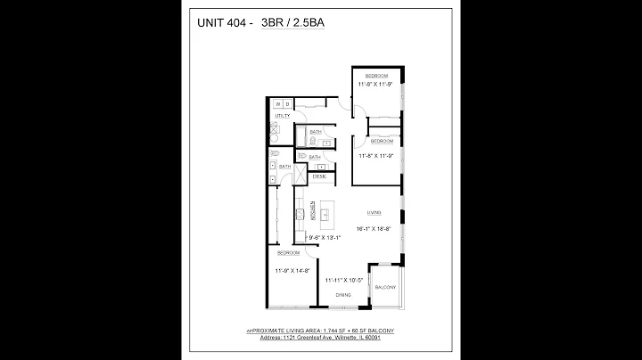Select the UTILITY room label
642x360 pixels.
click(x=284, y=116)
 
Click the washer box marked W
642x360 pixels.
click(x=278, y=104)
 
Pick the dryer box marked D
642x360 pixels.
click(x=287, y=104)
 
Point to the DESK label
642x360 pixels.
click(x=318, y=177)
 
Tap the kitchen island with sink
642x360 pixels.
click(x=327, y=215)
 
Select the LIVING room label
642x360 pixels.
click(x=374, y=213)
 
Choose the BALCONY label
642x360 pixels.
click(x=385, y=287)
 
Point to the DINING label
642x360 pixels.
click(x=342, y=293)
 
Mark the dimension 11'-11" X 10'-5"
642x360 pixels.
click(x=343, y=279)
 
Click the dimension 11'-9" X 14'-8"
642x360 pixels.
click(x=292, y=270)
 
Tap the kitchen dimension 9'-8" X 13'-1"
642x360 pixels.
click(x=325, y=238)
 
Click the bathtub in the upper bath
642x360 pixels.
click(x=300, y=138)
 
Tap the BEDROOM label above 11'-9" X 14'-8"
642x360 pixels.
click(x=287, y=252)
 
